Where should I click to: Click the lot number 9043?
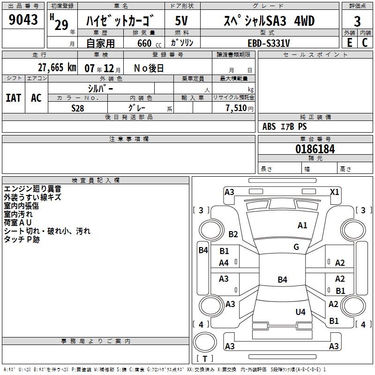point(23,20)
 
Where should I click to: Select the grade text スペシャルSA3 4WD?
point(269,21)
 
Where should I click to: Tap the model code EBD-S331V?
point(269,43)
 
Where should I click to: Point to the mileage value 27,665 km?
point(57,67)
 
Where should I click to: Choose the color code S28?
point(78,108)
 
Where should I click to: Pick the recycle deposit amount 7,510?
point(236,108)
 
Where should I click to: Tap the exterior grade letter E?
point(349,43)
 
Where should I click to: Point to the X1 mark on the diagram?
point(335,192)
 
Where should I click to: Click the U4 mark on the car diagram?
point(300,312)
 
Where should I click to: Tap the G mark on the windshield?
point(296,247)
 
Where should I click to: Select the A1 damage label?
point(302,225)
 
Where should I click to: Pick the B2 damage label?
point(233,234)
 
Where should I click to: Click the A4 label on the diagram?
point(224,263)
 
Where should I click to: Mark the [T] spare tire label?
point(205,359)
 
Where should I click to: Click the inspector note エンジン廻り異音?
point(32,189)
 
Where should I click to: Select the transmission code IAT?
point(14,97)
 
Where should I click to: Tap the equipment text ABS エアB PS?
point(285,127)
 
